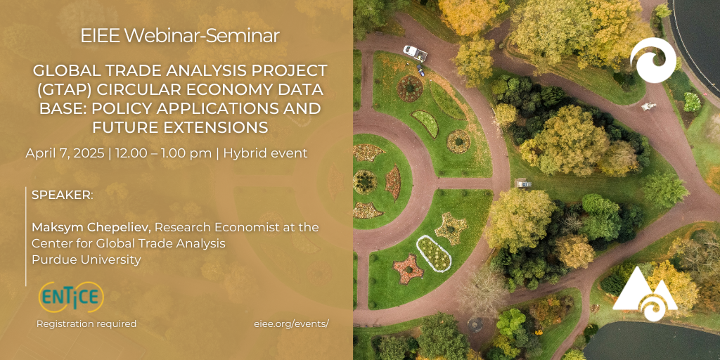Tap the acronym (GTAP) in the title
coord(61,90)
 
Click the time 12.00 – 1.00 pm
coord(163,153)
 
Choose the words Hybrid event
coord(265,153)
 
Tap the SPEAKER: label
coord(63,194)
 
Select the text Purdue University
coord(86,260)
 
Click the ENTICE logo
coord(71,297)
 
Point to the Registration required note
coord(86,323)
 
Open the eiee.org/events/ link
coord(291,323)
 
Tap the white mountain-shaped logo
coord(645,293)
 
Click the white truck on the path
coord(415,53)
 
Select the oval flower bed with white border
coord(433,253)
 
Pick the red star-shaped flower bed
coord(408,269)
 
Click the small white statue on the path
coord(649,106)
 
